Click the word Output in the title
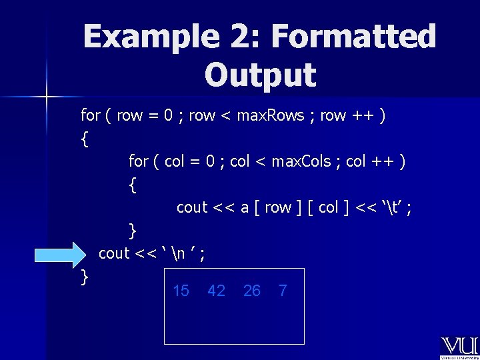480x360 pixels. pyautogui.click(x=260, y=75)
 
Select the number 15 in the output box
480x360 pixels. pyautogui.click(x=181, y=291)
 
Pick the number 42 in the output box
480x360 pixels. pyautogui.click(x=216, y=291)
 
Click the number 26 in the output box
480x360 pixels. pyautogui.click(x=252, y=291)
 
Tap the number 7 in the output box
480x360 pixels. pyautogui.click(x=283, y=291)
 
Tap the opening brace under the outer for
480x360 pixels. pyautogui.click(x=84, y=139)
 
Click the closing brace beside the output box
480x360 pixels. pyautogui.click(x=84, y=277)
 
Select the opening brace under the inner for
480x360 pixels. pyautogui.click(x=133, y=185)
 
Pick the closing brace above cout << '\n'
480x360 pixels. pyautogui.click(x=133, y=231)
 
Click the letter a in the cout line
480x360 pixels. pyautogui.click(x=245, y=208)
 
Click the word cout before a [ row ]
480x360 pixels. pyautogui.click(x=192, y=208)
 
